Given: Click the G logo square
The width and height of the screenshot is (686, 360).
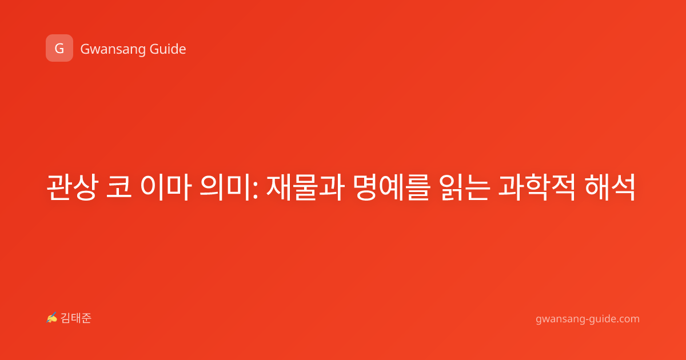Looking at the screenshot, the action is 59,48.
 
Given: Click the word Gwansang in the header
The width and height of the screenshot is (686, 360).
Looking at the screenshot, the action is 113,50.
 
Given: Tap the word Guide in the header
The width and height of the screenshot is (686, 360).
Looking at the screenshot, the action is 167,49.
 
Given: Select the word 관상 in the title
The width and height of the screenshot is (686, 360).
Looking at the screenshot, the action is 72,187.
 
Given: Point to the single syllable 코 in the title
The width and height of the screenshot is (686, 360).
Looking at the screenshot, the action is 119,187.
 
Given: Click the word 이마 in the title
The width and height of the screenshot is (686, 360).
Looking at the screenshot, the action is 166,187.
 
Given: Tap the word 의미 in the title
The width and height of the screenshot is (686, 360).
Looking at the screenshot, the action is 226,187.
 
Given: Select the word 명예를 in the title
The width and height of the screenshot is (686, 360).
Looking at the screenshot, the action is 392,187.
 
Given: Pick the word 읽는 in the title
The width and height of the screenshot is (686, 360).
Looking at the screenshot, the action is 464,187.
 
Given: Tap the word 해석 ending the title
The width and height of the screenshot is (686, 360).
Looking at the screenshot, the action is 610,187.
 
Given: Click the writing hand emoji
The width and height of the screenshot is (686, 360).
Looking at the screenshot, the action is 52,318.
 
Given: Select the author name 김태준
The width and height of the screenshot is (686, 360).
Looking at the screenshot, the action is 76,318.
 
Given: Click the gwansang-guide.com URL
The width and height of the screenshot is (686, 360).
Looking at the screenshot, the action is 588,319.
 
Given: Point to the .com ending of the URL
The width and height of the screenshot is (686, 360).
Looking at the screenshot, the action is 628,319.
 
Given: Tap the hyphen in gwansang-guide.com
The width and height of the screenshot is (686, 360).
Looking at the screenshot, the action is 587,320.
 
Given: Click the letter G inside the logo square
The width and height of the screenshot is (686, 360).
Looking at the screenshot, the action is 59,49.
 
